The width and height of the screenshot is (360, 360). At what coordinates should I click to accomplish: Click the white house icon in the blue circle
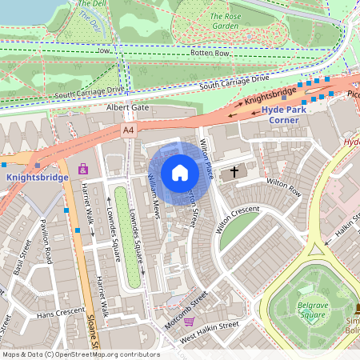179,173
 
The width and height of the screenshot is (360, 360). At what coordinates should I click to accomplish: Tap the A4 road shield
129,129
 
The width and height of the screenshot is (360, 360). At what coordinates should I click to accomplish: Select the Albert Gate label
128,107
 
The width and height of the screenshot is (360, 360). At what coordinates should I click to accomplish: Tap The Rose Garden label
224,20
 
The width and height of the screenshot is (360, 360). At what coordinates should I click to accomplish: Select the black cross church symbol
234,171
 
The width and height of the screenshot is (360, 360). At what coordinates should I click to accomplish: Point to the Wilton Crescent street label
238,218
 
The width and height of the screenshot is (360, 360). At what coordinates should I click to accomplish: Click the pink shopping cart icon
190,322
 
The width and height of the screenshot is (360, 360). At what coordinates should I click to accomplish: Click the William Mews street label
145,196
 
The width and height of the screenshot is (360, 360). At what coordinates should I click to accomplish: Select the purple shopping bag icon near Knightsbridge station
83,169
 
